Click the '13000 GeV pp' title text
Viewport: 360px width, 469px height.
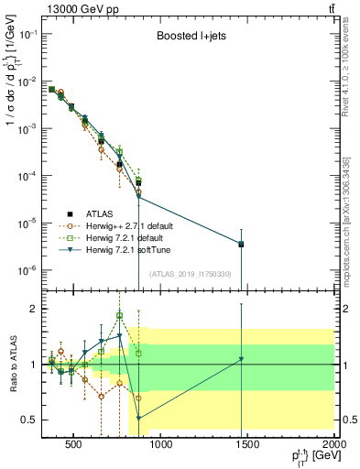pos(76,7)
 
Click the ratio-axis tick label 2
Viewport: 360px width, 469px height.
pos(33,309)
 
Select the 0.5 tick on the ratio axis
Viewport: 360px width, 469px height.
pos(28,420)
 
